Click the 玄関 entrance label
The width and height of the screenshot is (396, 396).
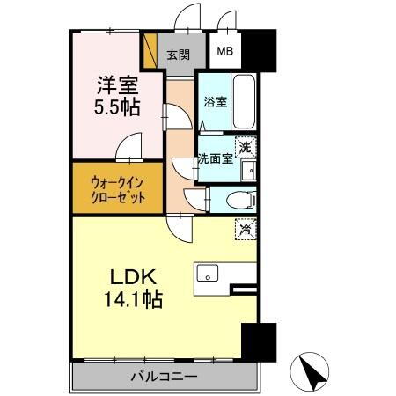[178, 54]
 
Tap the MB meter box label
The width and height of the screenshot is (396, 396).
[225, 53]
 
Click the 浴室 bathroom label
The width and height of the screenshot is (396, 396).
[215, 101]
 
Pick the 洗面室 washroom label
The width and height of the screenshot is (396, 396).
[215, 158]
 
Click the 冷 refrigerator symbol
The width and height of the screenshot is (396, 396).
[245, 227]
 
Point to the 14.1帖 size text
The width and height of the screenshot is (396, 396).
[128, 300]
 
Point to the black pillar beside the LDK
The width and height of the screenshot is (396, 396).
[257, 341]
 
